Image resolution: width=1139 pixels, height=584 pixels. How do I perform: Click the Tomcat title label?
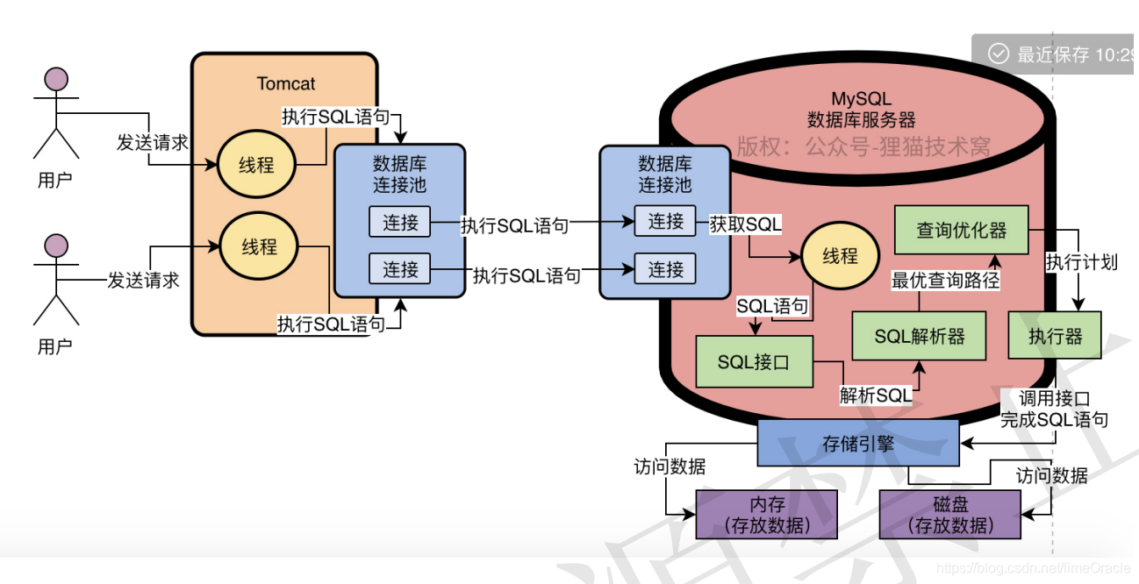[286, 84]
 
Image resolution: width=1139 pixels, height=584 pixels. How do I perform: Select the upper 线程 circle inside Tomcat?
[256, 165]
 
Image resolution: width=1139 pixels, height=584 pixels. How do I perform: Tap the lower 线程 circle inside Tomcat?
[259, 246]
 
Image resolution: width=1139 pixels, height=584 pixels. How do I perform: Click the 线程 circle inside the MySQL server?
[840, 256]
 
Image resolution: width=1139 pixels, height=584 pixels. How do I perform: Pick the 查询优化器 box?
[961, 231]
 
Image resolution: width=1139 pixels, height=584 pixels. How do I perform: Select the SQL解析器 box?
[919, 337]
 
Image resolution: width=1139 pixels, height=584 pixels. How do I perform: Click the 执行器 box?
[1055, 337]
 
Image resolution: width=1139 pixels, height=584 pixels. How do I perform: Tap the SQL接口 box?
[754, 361]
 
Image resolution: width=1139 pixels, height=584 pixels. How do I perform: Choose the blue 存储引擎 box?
[857, 444]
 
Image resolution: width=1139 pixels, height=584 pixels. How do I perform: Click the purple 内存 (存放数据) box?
[766, 515]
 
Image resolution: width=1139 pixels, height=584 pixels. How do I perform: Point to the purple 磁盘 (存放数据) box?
[950, 515]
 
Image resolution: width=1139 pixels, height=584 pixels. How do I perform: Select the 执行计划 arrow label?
[1081, 261]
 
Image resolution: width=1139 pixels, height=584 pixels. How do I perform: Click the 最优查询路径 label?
[945, 281]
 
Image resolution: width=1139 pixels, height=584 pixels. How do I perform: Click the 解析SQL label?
[875, 395]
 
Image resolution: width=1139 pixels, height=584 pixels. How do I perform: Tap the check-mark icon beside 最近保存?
[999, 54]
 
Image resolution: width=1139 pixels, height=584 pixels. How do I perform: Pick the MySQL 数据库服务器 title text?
[861, 110]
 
